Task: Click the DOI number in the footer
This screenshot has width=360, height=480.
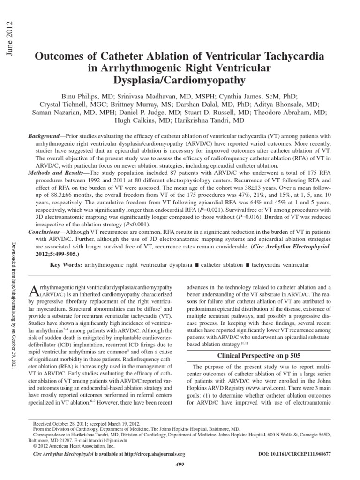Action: pos(295,454)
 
